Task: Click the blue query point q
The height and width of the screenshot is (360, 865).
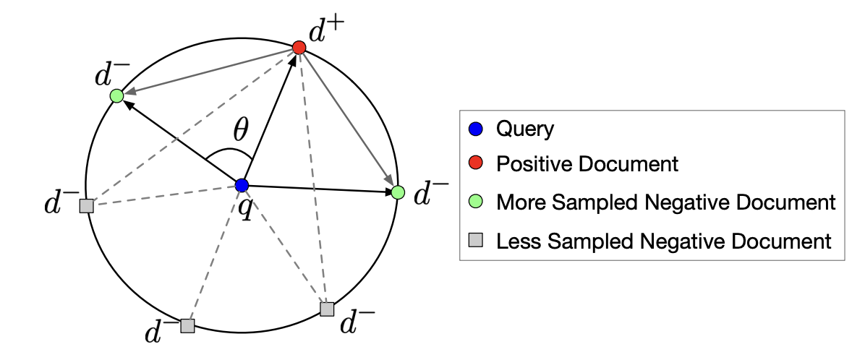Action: pyautogui.click(x=242, y=185)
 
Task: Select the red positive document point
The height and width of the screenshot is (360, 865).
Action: pyautogui.click(x=299, y=48)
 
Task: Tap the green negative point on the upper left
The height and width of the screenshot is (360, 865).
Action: pyautogui.click(x=116, y=95)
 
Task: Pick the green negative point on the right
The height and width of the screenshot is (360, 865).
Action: pyautogui.click(x=398, y=192)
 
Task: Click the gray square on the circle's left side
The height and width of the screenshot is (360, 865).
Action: pyautogui.click(x=87, y=206)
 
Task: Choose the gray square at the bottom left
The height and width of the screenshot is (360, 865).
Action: pyautogui.click(x=187, y=326)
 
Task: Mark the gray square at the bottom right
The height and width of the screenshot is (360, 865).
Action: pyautogui.click(x=327, y=309)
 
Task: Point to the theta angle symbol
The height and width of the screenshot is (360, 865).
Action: pyautogui.click(x=240, y=132)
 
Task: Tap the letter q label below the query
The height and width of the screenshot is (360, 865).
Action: pyautogui.click(x=246, y=210)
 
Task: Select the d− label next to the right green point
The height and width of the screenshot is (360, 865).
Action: pyautogui.click(x=430, y=193)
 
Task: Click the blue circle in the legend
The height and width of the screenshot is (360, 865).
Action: pyautogui.click(x=476, y=130)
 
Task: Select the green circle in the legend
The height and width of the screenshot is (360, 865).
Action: pyautogui.click(x=476, y=202)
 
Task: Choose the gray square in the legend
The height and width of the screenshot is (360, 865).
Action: pyautogui.click(x=476, y=240)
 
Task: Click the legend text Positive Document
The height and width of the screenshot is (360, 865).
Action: pyautogui.click(x=587, y=164)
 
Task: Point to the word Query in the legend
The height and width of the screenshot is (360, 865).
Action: pyautogui.click(x=525, y=129)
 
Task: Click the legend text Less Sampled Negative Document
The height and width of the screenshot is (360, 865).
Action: pyautogui.click(x=664, y=241)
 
